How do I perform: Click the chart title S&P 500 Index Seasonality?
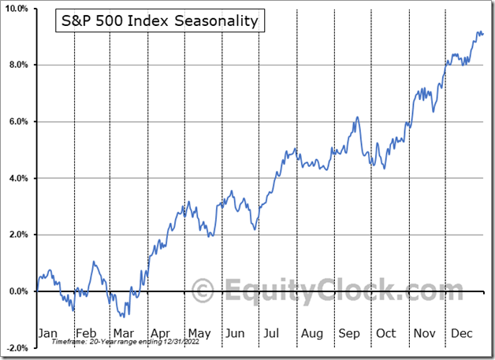click(160, 20)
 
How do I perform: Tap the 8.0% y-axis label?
click(19, 65)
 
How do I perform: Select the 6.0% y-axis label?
click(19, 121)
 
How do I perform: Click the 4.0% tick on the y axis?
click(19, 178)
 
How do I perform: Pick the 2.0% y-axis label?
click(19, 235)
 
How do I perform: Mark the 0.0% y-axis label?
click(19, 291)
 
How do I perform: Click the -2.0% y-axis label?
click(17, 348)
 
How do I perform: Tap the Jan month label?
click(48, 333)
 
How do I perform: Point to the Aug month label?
click(311, 333)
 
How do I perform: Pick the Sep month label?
click(348, 333)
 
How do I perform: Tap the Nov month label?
click(424, 333)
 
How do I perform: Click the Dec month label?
click(461, 333)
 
